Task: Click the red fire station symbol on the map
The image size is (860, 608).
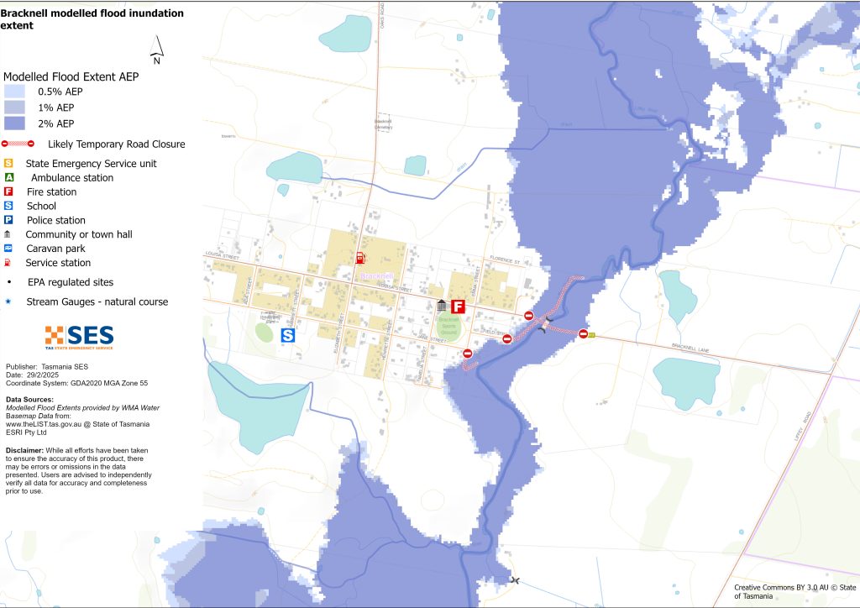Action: coord(459,307)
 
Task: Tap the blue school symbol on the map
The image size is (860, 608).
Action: coord(287,335)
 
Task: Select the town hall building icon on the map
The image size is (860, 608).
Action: coord(442,307)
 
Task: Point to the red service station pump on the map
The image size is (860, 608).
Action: coord(360,257)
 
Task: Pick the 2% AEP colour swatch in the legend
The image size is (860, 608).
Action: coord(14,123)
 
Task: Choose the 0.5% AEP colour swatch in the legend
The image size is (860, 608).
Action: coord(14,92)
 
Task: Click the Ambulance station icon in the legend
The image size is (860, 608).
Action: coord(8,178)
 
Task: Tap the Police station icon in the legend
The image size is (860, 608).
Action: coord(8,220)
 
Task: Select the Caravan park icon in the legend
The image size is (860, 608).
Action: coord(8,249)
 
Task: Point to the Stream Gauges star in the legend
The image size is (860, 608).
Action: coord(8,301)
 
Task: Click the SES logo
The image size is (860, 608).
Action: coord(79,337)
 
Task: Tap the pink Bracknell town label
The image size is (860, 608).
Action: coord(374,275)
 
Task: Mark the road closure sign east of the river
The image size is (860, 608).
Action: coord(583,333)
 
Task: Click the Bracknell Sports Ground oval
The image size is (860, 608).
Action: coord(451,328)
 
